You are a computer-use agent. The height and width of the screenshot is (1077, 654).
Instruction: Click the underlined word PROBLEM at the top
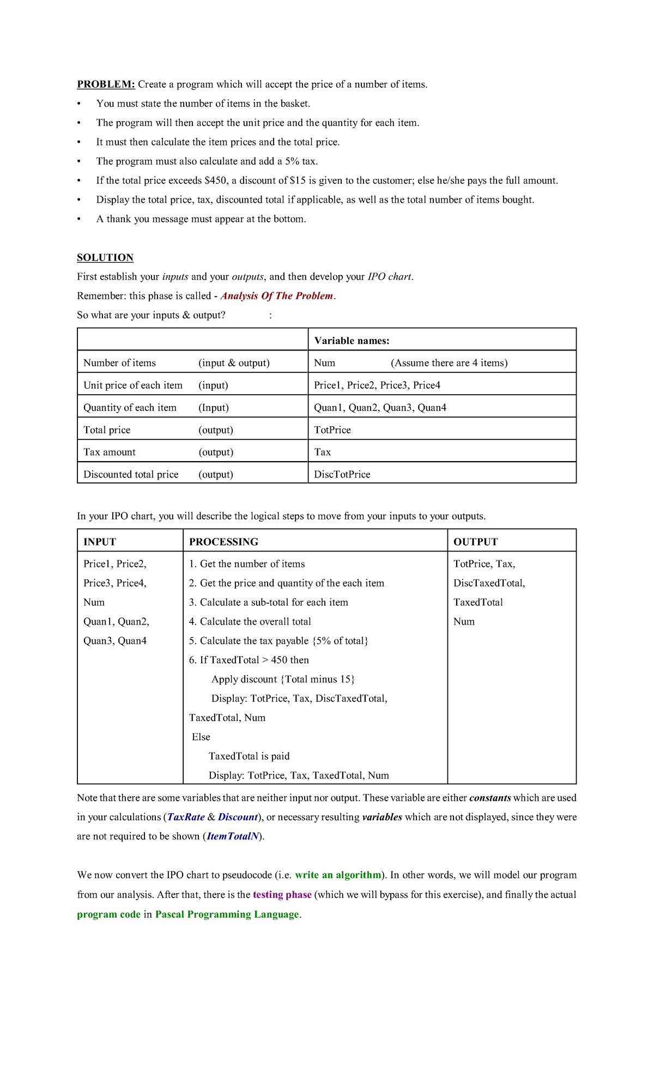click(106, 84)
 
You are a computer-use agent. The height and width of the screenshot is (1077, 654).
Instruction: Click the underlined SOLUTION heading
click(105, 257)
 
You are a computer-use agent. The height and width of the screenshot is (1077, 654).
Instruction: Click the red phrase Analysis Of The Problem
click(277, 296)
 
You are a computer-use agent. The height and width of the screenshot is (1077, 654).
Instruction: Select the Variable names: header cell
click(352, 341)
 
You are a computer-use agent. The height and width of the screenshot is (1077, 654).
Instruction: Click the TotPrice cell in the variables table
click(332, 430)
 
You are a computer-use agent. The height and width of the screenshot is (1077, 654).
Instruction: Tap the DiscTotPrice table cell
click(342, 474)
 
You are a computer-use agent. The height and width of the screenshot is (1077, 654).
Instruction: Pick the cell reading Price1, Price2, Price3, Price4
click(377, 385)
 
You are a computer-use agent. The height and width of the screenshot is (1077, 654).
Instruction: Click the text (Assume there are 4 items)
click(449, 363)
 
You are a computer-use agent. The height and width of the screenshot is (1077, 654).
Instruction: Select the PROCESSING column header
click(223, 542)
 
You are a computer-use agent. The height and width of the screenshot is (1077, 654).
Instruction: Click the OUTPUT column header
click(475, 542)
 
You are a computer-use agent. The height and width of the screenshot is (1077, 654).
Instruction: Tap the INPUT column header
click(100, 542)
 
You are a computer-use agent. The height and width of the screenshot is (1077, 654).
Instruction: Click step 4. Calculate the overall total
click(250, 622)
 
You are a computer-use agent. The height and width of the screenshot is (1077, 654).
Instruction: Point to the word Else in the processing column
click(201, 737)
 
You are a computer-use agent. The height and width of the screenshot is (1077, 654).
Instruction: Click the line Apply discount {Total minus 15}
click(283, 679)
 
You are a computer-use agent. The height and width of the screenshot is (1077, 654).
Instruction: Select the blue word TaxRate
click(186, 817)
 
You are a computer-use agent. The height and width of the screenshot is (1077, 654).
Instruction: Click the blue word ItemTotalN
click(233, 836)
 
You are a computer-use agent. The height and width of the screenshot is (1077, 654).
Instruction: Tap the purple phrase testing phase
click(282, 894)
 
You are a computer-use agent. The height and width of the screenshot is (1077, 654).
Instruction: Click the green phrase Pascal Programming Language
click(227, 914)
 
